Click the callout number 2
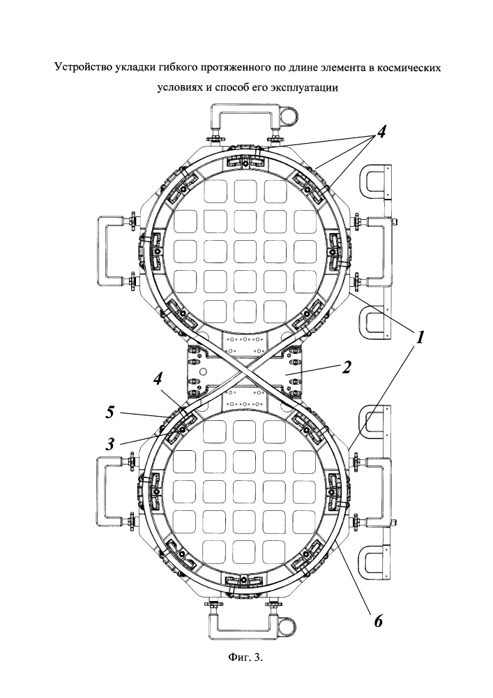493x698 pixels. point(347,368)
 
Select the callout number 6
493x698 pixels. point(378,621)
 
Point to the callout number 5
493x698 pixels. point(109,413)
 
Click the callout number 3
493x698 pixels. point(110,444)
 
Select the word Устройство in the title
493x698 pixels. point(82,68)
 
